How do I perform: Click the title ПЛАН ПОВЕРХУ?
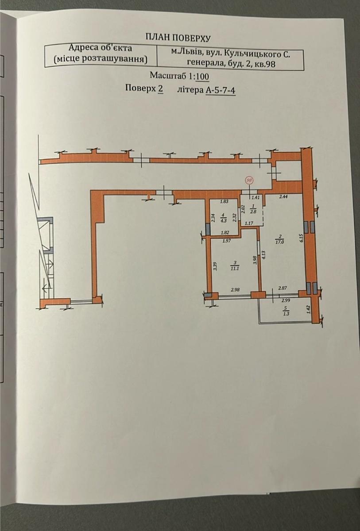[x=178, y=38]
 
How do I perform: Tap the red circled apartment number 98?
[x=249, y=181]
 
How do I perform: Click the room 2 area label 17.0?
[x=281, y=242]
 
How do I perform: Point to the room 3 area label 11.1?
[x=235, y=268]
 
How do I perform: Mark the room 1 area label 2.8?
[x=253, y=212]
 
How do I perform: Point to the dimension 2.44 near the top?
[x=284, y=196]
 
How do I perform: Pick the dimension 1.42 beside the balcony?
[x=308, y=310]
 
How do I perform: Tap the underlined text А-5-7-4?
[x=221, y=90]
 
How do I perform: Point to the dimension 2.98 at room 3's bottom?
[x=235, y=290]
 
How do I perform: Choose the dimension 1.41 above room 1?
[x=256, y=196]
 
